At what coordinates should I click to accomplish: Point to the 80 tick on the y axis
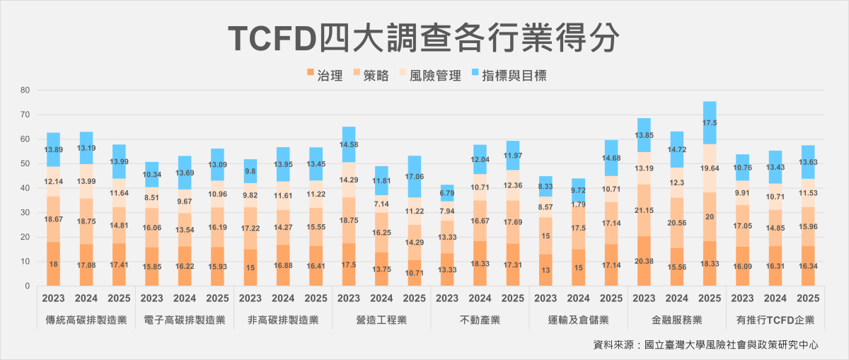tap(25, 91)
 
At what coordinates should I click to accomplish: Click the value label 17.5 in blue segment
tap(710, 122)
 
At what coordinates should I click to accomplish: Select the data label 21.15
tap(644, 211)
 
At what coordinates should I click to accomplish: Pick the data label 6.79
tap(446, 193)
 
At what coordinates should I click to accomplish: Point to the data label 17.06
tap(414, 177)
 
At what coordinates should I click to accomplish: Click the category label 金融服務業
tap(677, 320)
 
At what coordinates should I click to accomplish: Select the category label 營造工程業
tap(381, 320)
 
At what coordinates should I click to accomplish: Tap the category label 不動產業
tap(480, 320)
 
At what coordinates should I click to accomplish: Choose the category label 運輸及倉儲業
tap(579, 320)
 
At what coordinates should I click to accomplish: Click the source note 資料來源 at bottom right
tap(706, 345)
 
